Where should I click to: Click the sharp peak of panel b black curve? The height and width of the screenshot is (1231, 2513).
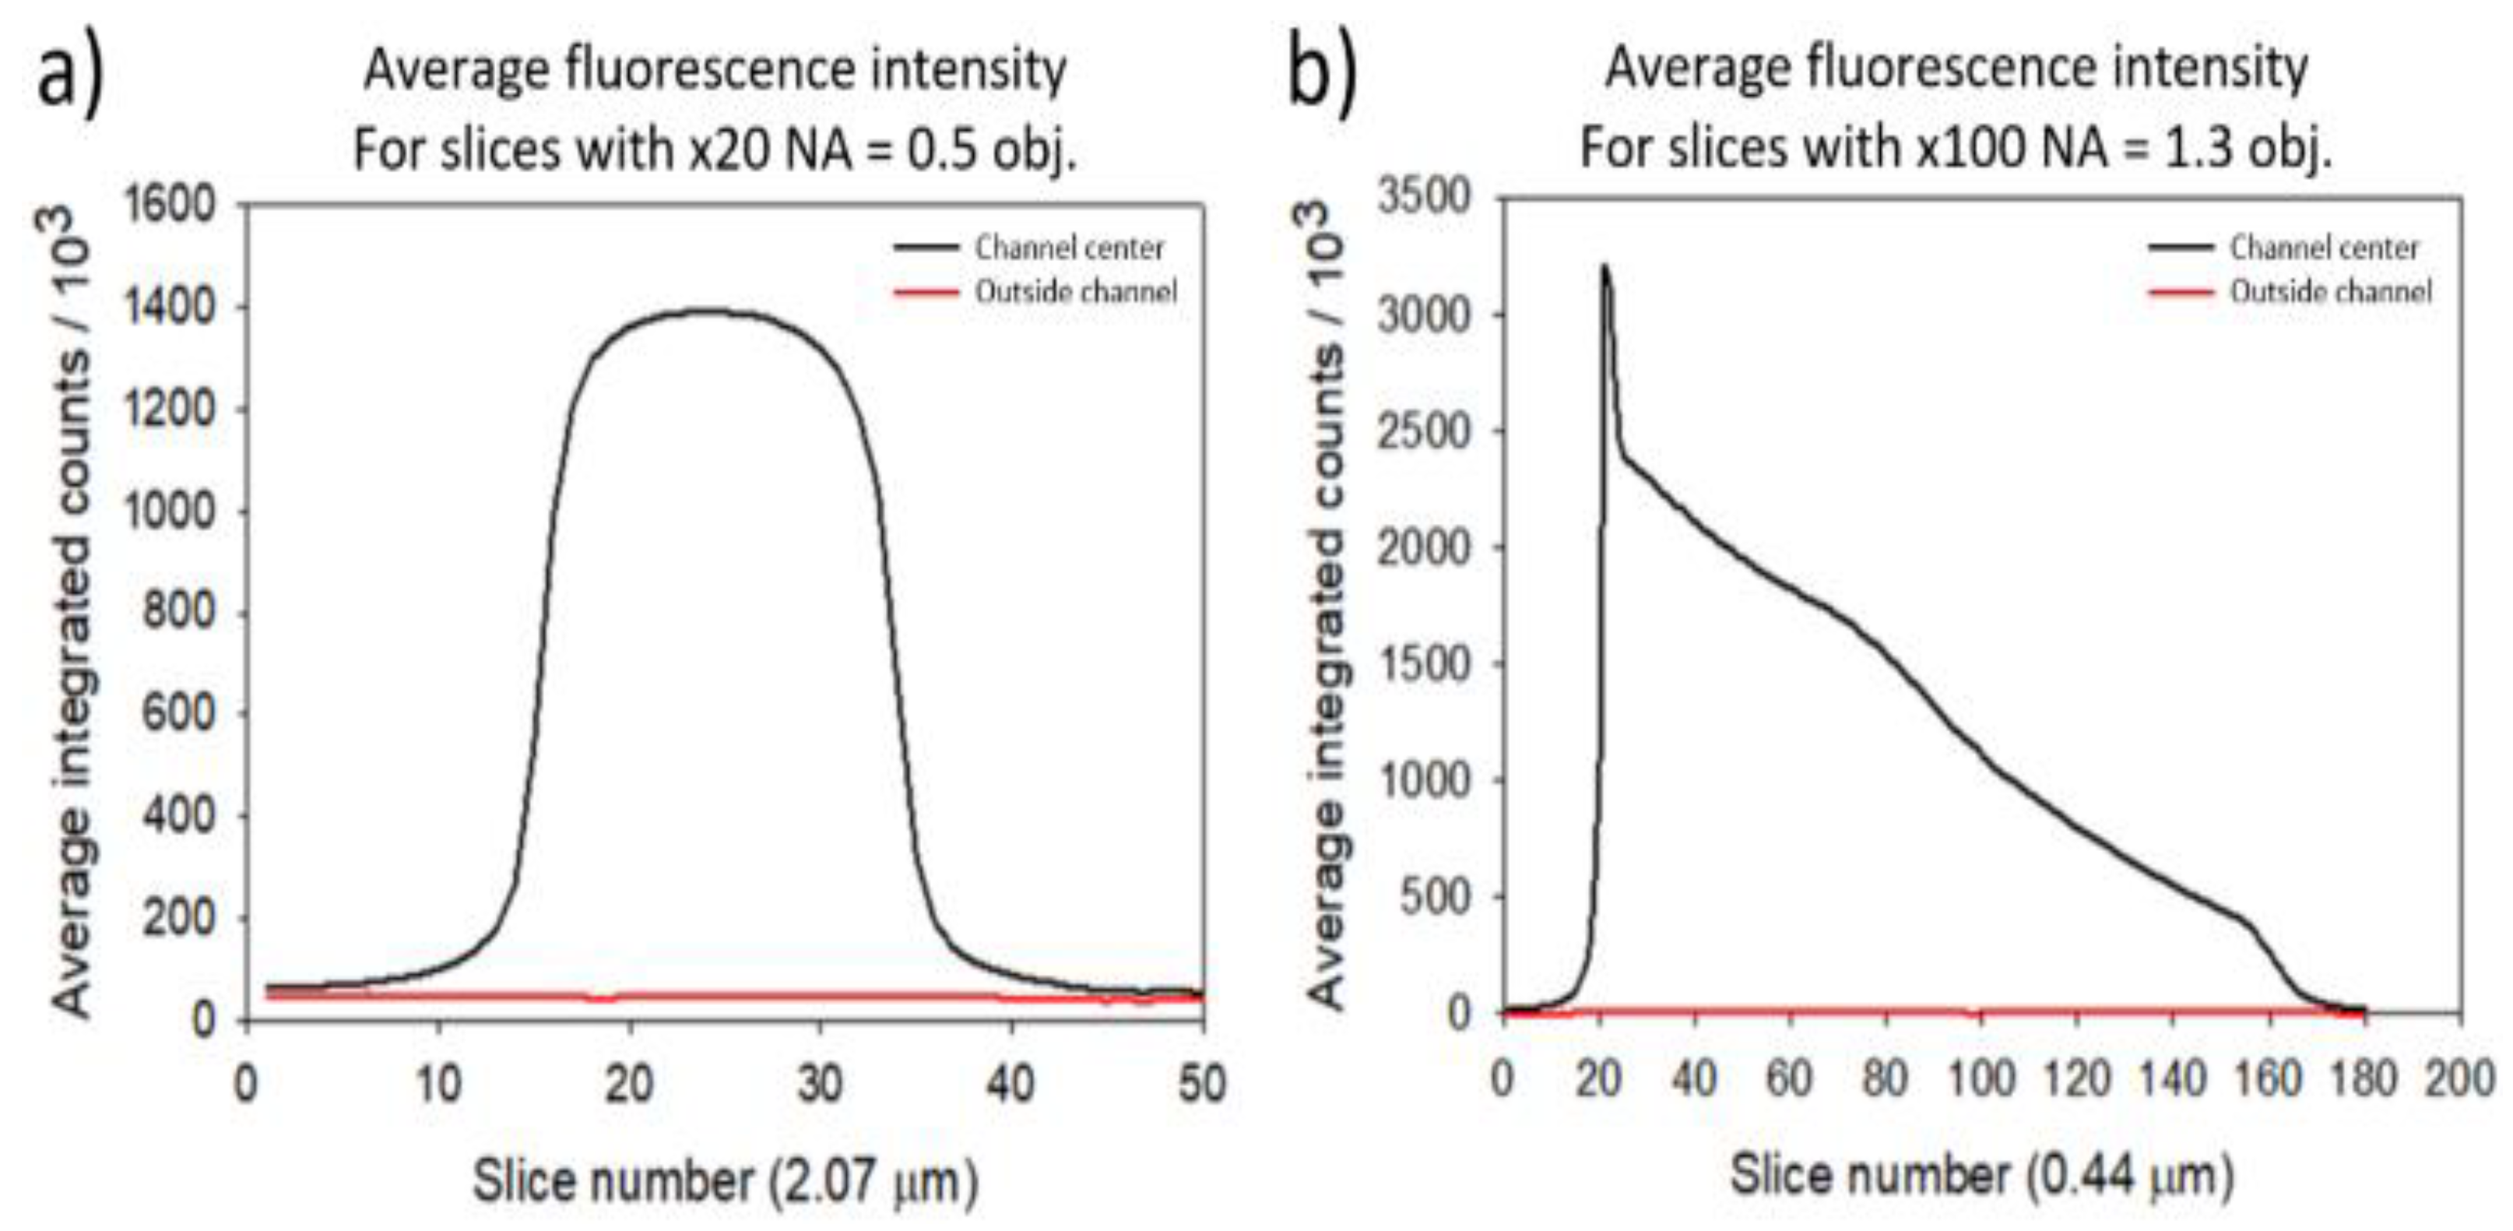1604,266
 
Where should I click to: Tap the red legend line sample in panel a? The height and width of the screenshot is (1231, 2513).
925,292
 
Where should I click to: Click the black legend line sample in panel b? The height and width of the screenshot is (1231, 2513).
2179,248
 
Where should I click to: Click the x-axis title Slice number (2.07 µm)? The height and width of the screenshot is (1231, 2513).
725,1181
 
